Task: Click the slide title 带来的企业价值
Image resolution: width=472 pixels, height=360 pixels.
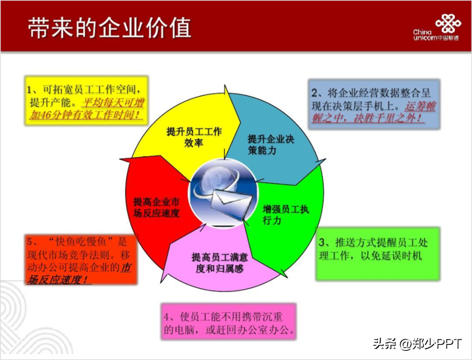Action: tap(110, 28)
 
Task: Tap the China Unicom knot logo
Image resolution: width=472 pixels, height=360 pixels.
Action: tap(448, 23)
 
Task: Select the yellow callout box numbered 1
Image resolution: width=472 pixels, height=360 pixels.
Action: tap(86, 101)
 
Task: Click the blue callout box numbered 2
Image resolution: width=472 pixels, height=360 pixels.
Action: tap(374, 104)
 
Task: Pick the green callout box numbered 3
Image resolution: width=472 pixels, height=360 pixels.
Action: tap(378, 254)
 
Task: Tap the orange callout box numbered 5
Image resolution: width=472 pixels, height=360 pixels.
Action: tap(81, 259)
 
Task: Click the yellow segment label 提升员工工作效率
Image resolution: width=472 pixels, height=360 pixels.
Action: tap(194, 137)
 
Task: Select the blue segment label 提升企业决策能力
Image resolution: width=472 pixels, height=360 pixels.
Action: tap(271, 145)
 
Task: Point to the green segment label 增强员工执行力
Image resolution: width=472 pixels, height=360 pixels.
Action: tap(285, 215)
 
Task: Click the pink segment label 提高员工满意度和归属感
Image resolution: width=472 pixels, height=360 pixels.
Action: tap(220, 263)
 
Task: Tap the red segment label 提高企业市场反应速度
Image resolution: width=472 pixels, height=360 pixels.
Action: tap(156, 208)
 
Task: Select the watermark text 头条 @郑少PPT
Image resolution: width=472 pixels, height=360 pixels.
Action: tap(418, 344)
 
